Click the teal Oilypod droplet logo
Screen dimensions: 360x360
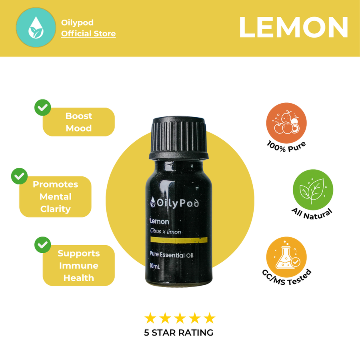[36, 27]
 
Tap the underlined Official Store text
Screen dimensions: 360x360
[88, 34]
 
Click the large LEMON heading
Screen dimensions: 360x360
[294, 27]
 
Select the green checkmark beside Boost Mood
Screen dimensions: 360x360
[43, 108]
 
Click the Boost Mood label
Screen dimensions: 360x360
[79, 122]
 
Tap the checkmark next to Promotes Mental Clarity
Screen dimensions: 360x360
[19, 176]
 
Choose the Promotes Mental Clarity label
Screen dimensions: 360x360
[55, 197]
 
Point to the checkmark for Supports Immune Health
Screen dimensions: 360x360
[43, 245]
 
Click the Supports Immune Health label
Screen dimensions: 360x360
[79, 266]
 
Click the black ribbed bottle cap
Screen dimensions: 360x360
[179, 138]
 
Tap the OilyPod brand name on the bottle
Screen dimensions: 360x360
[175, 203]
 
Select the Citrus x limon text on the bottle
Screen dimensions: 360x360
[166, 232]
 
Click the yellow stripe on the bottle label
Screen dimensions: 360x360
[179, 240]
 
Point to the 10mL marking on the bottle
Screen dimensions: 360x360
[155, 266]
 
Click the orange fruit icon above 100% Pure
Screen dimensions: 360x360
[286, 123]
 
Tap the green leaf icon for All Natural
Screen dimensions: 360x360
[313, 190]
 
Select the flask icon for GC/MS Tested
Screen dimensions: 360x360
[286, 257]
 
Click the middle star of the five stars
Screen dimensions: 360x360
[180, 318]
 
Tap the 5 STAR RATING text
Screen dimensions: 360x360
[179, 332]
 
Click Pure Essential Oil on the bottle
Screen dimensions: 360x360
[172, 255]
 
